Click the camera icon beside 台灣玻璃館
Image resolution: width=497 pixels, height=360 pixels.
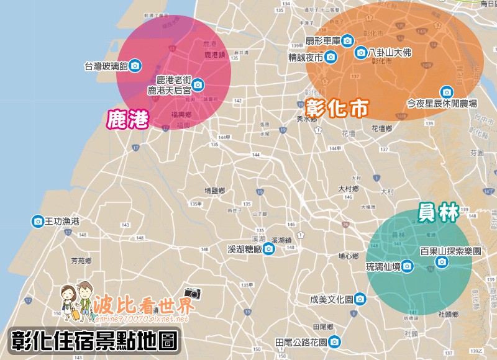tap(135, 66)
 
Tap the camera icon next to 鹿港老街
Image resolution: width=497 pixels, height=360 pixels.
tap(198, 84)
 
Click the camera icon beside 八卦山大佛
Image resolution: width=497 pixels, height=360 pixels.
tap(361, 53)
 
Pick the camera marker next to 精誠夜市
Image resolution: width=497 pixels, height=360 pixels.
tap(331, 58)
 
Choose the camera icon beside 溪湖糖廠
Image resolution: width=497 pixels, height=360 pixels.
tap(268, 250)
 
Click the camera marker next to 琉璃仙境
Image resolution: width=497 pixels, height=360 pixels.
tap(407, 266)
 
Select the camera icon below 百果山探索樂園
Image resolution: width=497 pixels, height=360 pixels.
tap(442, 263)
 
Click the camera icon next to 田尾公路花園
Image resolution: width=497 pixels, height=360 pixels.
tap(335, 341)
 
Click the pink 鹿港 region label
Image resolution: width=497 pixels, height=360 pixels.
tap(128, 119)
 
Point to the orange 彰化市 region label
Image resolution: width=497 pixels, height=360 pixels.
tap(336, 109)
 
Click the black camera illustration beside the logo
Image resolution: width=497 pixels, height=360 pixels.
tap(193, 293)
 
